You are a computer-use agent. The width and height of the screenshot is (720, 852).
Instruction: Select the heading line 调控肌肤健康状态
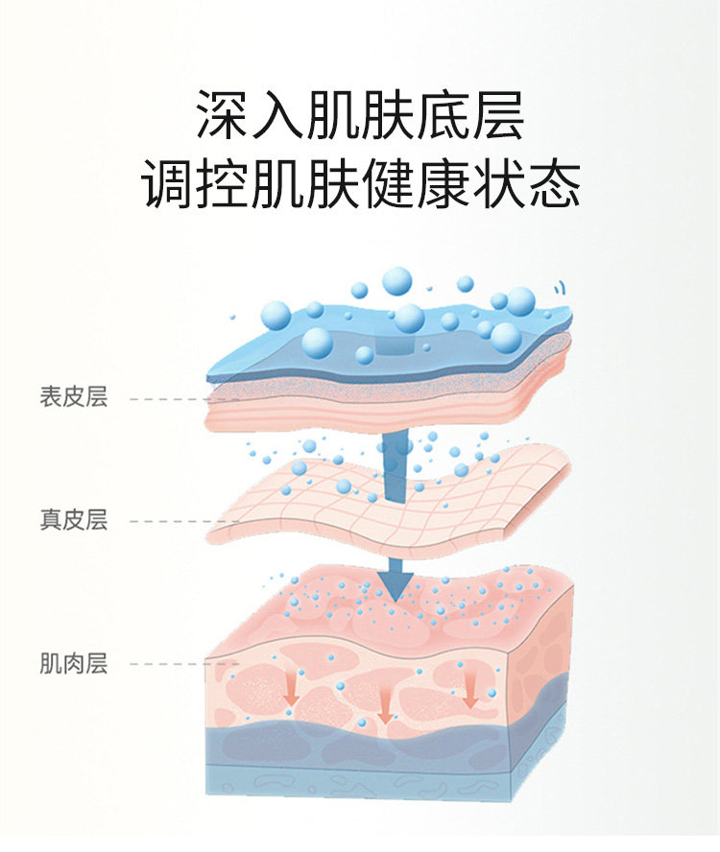(x=360, y=184)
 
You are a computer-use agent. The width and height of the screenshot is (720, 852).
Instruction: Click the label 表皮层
(x=73, y=397)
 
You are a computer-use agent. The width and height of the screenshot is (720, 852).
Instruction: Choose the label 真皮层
(x=73, y=520)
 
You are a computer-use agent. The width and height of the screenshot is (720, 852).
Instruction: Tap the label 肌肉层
(x=73, y=663)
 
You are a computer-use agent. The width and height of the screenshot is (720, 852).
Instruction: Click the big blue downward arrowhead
(x=395, y=581)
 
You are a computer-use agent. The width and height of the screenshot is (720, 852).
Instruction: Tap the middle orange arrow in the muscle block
(x=385, y=711)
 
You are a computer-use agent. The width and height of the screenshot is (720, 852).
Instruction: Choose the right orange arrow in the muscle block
(x=469, y=690)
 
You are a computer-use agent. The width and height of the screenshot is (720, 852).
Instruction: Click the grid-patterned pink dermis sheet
(x=384, y=499)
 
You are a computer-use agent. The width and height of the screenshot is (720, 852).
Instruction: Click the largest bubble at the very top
(x=396, y=281)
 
